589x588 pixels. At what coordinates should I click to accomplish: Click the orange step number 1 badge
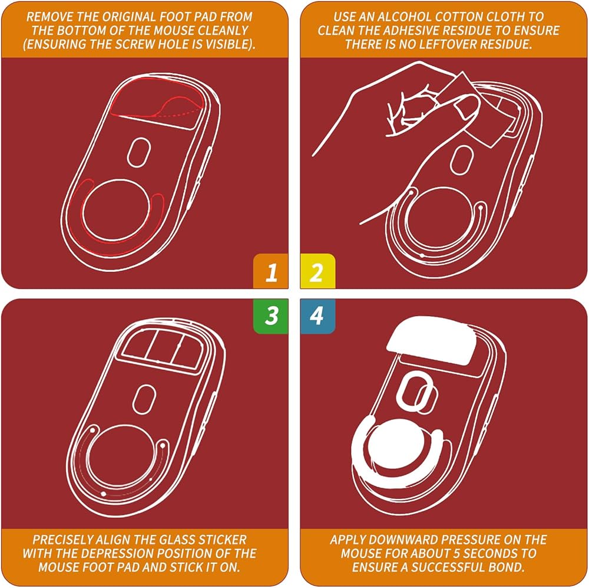pyautogui.click(x=270, y=271)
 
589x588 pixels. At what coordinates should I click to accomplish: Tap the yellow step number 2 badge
pyautogui.click(x=318, y=271)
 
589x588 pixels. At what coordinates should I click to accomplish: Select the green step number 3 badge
pyautogui.click(x=270, y=316)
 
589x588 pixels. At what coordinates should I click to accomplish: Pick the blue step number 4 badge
pyautogui.click(x=318, y=316)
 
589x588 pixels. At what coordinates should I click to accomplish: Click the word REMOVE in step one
pyautogui.click(x=49, y=17)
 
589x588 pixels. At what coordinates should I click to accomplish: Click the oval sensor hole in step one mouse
pyautogui.click(x=138, y=152)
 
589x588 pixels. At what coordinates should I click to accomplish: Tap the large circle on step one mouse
pyautogui.click(x=117, y=210)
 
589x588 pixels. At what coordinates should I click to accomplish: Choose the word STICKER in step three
pyautogui.click(x=222, y=540)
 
